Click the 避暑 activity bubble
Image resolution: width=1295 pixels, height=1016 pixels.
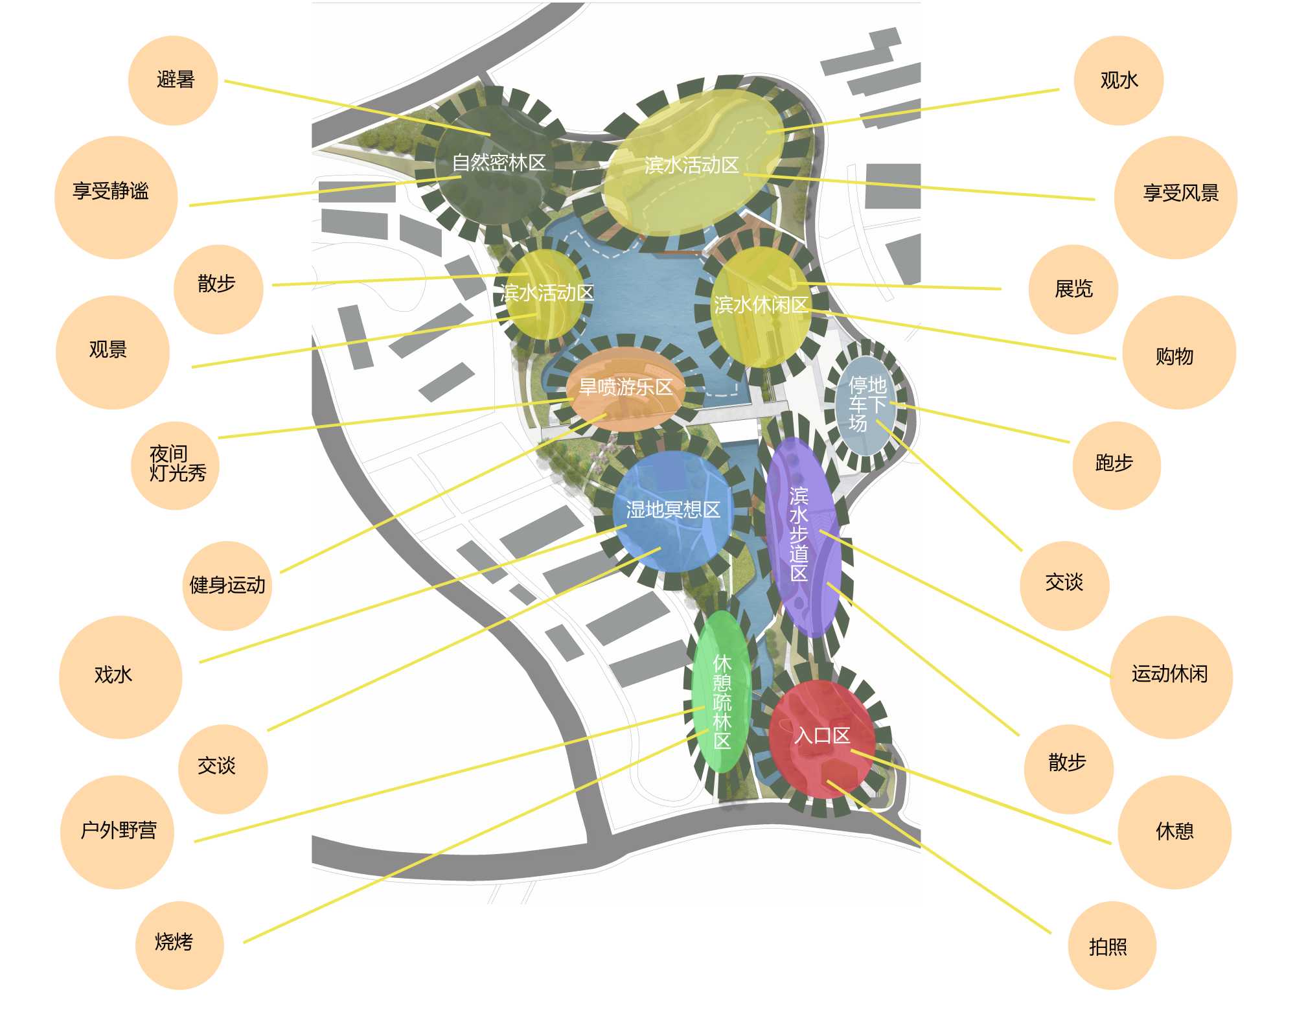coord(173,80)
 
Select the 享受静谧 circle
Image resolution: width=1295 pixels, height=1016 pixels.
coord(115,196)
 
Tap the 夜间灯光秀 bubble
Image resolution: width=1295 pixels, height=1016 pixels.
coord(176,465)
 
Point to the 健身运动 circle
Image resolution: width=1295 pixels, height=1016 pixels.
coord(227,585)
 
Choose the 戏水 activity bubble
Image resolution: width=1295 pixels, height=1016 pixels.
coord(120,676)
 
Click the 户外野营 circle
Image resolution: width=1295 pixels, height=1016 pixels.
coord(117,831)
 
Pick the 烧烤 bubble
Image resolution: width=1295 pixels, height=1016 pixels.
coord(179,945)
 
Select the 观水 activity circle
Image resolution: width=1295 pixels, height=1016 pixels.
coord(1119,80)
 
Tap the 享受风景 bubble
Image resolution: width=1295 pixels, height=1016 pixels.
coord(1175,196)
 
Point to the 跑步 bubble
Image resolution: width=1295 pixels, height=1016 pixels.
coord(1116,465)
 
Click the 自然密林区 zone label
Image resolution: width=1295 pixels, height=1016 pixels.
coord(498,162)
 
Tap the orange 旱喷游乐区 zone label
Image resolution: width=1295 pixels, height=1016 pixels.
coord(625,387)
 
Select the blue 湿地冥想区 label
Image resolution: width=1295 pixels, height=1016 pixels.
coord(672,510)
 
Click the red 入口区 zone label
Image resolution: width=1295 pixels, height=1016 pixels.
coord(821,735)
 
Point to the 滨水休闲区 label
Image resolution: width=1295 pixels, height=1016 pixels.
coord(761,305)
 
